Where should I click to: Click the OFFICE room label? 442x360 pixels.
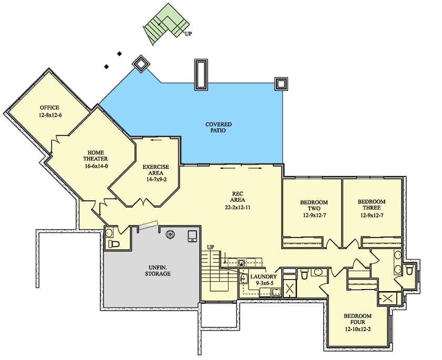click(49, 107)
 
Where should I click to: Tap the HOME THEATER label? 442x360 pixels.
click(95, 156)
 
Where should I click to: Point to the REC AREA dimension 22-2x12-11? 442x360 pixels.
click(238, 208)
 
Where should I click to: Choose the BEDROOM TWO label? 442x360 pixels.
click(314, 205)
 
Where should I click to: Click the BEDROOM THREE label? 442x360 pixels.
click(372, 204)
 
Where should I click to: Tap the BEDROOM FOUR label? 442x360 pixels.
click(357, 319)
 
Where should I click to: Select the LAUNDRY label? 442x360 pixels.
click(263, 277)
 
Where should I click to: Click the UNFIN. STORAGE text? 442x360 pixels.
click(158, 270)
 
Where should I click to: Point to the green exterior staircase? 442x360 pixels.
click(166, 24)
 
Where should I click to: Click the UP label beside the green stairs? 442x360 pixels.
click(188, 34)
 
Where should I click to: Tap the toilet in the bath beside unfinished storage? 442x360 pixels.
click(114, 244)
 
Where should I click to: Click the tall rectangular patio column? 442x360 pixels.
click(201, 75)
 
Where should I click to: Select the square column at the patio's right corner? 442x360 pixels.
click(281, 84)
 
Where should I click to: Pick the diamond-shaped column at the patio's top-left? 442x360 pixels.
click(141, 64)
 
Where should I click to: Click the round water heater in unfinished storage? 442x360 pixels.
click(170, 234)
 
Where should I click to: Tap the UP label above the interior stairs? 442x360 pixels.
click(211, 247)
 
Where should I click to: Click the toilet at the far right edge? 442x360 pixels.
click(409, 271)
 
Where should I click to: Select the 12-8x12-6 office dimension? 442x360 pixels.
click(50, 115)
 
